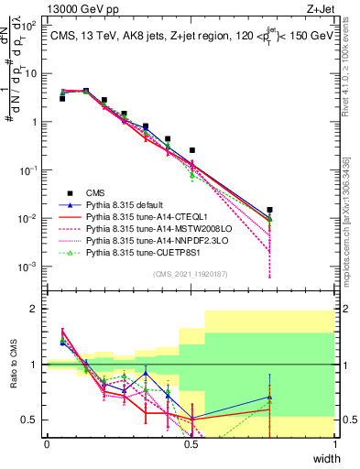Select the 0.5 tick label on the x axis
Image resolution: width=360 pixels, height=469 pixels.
[x=191, y=444]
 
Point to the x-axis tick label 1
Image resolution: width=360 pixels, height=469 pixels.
[x=335, y=444]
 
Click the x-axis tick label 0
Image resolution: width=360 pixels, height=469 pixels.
[x=47, y=444]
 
